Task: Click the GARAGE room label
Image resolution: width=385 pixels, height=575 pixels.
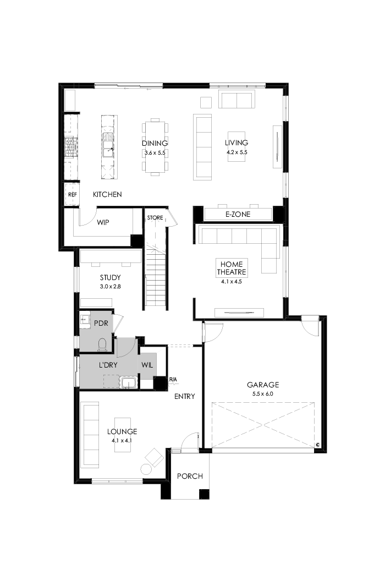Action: pos(262,385)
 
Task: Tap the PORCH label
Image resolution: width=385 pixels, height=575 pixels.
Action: pos(190,476)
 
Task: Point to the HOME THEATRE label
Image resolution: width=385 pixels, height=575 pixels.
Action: pos(232,268)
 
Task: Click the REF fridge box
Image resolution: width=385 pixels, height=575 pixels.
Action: pos(72,195)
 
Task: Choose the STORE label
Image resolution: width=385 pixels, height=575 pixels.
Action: pos(155,218)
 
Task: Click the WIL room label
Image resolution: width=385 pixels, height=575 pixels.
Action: pos(147,365)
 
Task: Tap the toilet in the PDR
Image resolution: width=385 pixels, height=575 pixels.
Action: pos(101,344)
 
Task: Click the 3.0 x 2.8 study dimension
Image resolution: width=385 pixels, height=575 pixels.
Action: pos(110,287)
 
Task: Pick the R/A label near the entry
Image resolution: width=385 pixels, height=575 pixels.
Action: pos(173,380)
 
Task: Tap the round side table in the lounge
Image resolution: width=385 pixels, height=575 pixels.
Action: pos(146,469)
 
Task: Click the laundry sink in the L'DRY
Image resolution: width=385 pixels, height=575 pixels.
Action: pos(128,382)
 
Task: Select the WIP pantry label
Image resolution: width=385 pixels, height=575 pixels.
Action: pos(103,223)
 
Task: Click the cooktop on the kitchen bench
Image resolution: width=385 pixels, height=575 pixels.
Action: pos(70,147)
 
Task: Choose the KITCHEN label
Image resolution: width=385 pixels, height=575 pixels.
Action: pos(107,195)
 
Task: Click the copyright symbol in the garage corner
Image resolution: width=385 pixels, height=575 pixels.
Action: pos(317,445)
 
